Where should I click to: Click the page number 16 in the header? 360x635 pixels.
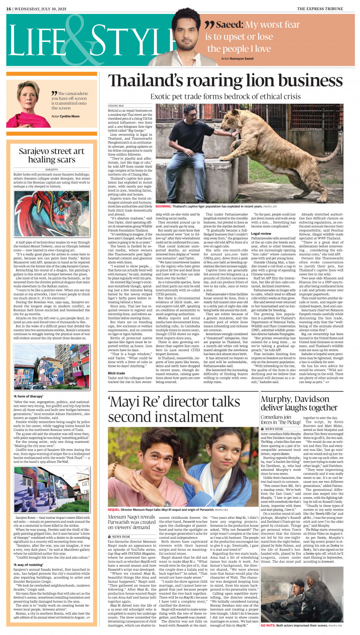pos(8,8)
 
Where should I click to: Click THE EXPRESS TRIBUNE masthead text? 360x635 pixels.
pos(325,8)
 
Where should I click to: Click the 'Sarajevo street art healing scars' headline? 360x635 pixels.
pos(52,155)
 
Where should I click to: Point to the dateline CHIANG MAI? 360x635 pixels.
pos(116,105)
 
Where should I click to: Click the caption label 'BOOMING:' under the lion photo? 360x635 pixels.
pos(163,206)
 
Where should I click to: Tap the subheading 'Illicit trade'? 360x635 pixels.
pos(116,373)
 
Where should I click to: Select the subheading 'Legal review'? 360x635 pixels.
pos(261,233)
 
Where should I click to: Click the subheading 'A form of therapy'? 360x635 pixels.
pos(28,396)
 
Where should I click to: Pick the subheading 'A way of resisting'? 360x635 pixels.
pos(28,565)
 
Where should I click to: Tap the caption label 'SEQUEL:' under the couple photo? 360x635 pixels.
pos(114,509)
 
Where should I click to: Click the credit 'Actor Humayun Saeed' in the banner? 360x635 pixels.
pos(237,59)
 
